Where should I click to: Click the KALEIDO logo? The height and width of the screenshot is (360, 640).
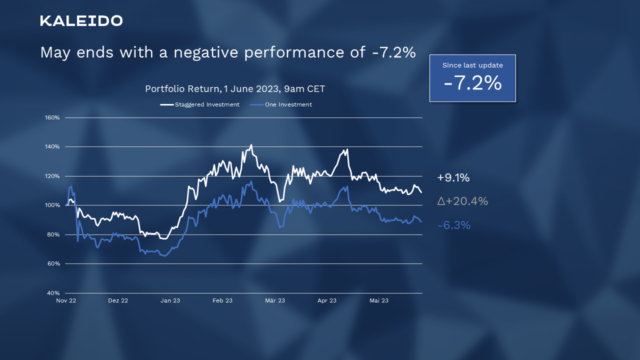point(81,20)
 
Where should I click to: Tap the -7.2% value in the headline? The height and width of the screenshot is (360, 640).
point(394,52)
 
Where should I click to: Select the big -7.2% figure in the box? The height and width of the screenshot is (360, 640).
point(472,83)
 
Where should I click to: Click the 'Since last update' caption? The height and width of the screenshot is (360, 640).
point(472,65)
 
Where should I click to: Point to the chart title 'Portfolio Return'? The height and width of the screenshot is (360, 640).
point(183,89)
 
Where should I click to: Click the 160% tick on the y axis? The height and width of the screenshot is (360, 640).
point(52,117)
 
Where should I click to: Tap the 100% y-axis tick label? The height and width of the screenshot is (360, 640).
point(52,205)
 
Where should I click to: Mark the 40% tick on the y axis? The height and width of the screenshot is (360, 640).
point(53,293)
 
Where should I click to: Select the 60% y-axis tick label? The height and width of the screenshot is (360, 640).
point(53,263)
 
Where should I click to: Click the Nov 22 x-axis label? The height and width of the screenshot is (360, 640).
point(66,300)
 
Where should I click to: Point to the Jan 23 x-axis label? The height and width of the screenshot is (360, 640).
point(170,300)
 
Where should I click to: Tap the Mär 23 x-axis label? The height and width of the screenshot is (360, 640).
point(274,300)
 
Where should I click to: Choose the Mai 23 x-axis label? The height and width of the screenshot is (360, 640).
point(378,300)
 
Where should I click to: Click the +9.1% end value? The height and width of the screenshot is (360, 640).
point(453,178)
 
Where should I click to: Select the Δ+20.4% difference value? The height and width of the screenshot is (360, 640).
point(462,201)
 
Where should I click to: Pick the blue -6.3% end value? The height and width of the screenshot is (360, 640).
point(454,225)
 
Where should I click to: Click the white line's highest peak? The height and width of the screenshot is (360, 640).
point(251,145)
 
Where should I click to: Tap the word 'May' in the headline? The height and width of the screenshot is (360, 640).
point(55,52)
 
